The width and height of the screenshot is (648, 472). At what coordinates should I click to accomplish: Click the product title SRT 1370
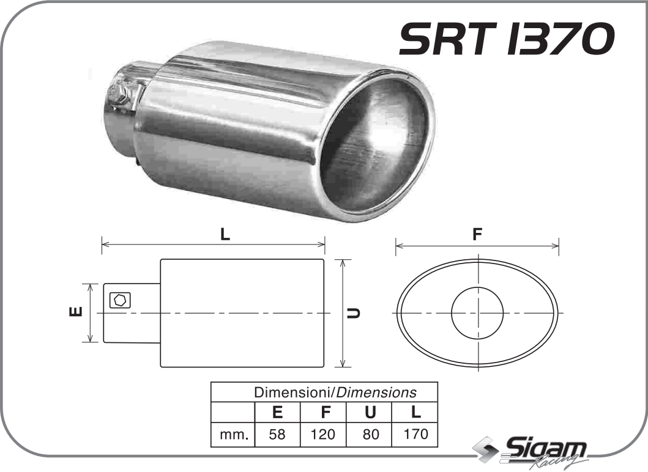click(505, 40)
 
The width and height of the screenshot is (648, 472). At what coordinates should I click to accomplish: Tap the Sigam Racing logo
click(532, 453)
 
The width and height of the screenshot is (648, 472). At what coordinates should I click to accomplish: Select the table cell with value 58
click(277, 435)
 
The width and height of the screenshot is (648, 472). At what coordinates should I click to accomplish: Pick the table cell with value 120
click(323, 435)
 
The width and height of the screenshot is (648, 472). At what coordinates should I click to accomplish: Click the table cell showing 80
click(370, 435)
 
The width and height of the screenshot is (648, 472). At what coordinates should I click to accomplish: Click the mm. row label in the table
click(233, 435)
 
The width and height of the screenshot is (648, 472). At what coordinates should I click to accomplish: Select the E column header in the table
click(277, 412)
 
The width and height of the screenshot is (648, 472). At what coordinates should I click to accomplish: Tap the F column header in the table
click(323, 412)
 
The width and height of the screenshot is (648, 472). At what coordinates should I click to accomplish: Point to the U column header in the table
click(370, 412)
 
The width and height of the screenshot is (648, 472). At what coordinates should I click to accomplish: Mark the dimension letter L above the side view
click(225, 234)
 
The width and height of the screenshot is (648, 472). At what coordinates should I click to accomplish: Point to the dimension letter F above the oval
click(477, 235)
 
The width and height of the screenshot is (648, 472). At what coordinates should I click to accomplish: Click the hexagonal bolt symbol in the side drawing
click(119, 300)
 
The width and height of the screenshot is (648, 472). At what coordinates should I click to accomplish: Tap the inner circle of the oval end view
click(477, 312)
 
